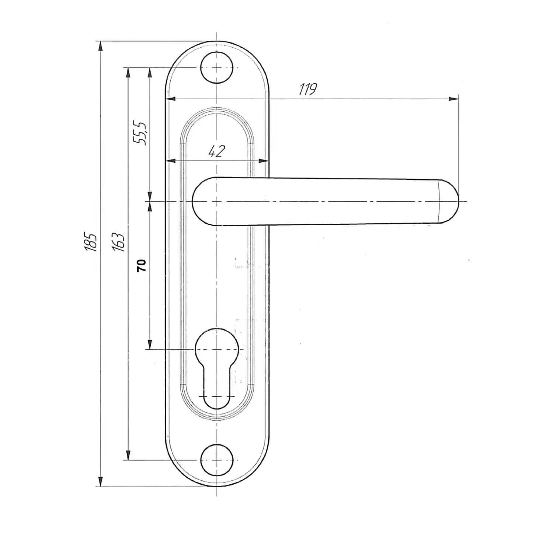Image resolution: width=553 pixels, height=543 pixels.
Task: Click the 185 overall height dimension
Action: [91, 242]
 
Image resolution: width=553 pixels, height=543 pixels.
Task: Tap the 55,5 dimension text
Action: [141, 133]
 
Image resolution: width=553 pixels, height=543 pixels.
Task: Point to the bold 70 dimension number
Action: [141, 265]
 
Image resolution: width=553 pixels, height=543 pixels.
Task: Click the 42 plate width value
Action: [216, 151]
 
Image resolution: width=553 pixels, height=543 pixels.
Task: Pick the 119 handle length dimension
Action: [308, 89]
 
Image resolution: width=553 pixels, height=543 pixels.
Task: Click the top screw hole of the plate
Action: [217, 68]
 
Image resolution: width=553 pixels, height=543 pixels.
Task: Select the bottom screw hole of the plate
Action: [217, 460]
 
